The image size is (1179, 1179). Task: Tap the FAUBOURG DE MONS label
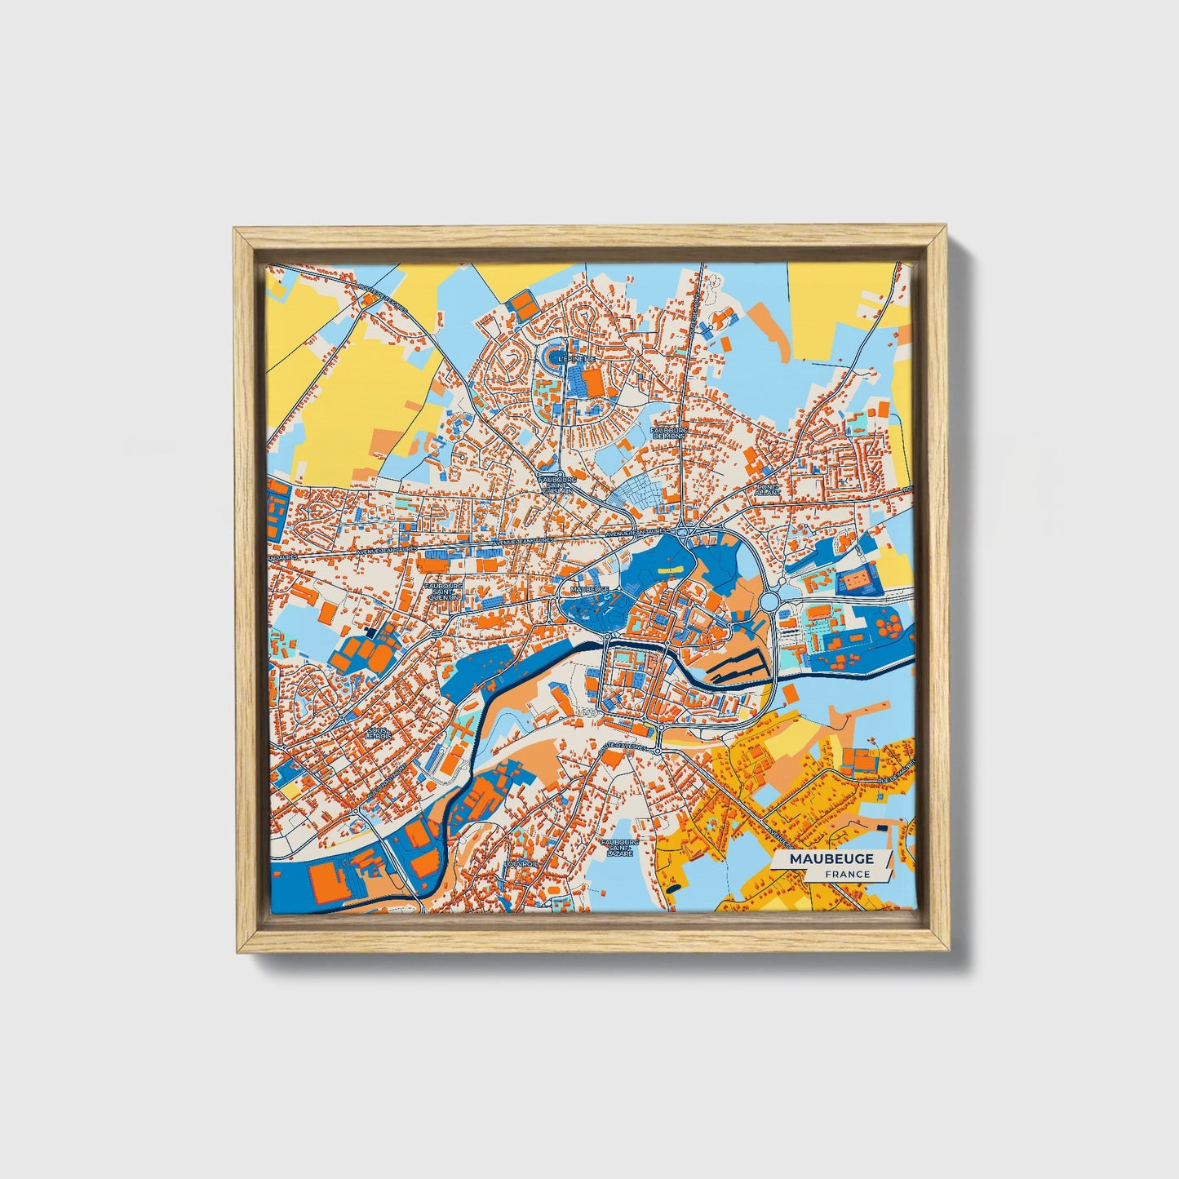click(669, 432)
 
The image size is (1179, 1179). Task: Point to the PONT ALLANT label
click(769, 490)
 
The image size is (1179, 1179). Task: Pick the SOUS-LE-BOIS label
click(378, 733)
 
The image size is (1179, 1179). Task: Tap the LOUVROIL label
click(517, 862)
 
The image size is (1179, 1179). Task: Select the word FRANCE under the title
click(847, 875)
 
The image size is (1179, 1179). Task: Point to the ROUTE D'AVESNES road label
click(622, 747)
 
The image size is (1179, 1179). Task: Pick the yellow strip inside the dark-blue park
click(670, 565)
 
